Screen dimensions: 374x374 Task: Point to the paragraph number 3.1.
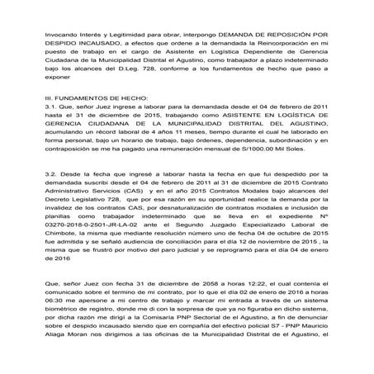coord(33,107)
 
